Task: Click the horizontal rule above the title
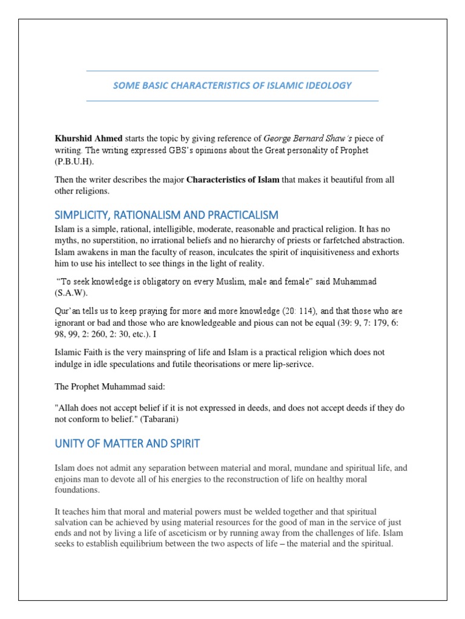click(x=232, y=71)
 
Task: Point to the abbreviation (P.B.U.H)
click(x=75, y=163)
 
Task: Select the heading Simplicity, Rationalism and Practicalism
click(x=167, y=215)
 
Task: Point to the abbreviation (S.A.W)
click(x=71, y=294)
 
